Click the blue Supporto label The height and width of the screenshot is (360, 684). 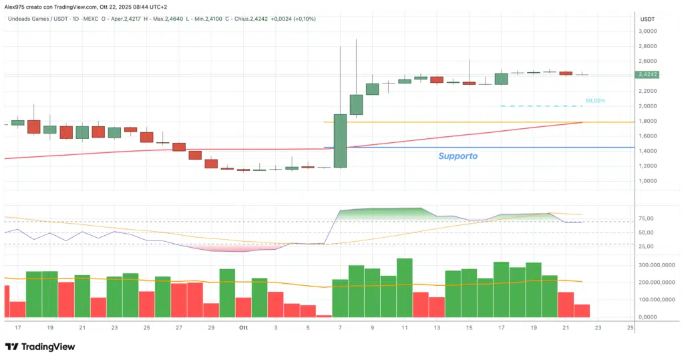(458, 156)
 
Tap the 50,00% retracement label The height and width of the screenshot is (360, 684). (595, 101)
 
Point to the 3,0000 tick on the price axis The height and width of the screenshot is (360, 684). (649, 31)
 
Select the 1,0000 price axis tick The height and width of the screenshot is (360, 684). (649, 181)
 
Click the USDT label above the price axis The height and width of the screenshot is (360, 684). (647, 19)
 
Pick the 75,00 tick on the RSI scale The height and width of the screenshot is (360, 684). (646, 218)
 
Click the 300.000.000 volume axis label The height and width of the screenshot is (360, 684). (654, 265)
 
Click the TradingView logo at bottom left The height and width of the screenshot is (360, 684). (40, 347)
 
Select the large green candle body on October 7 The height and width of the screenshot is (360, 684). (340, 140)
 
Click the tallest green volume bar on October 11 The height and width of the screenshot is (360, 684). (404, 287)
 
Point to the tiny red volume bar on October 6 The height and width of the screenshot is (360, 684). (324, 316)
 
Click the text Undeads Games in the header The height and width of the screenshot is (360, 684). (30, 19)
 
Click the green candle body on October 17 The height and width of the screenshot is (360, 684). (501, 79)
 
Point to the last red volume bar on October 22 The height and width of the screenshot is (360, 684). (582, 311)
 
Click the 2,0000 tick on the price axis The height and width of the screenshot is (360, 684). (649, 106)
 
